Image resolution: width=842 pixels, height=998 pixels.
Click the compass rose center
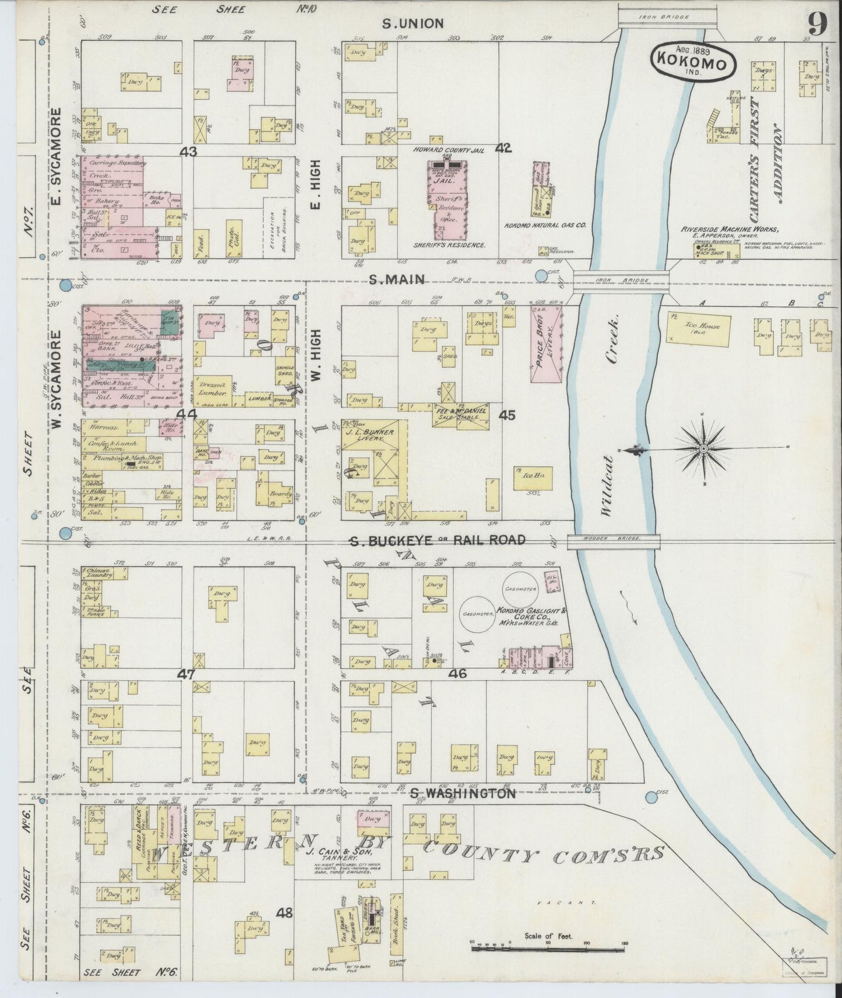point(703,449)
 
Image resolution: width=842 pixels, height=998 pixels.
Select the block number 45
point(507,415)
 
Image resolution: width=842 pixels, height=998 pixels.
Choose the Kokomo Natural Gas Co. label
point(545,225)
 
